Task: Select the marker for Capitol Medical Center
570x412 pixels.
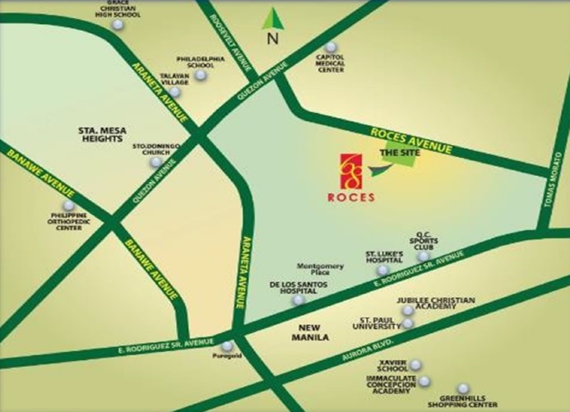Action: click(x=331, y=47)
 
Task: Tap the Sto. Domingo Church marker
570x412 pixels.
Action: click(x=155, y=162)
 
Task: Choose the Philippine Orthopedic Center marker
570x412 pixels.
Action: click(x=68, y=206)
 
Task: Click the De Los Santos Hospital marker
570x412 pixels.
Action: click(x=298, y=300)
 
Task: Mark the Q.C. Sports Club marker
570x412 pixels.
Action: click(x=423, y=257)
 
